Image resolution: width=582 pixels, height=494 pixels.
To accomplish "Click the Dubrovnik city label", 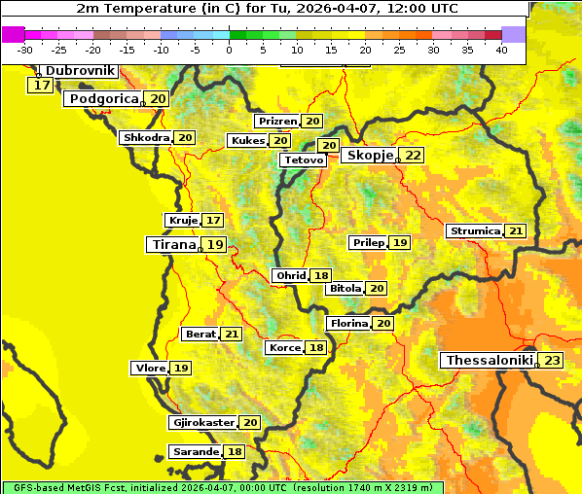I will click(80, 71).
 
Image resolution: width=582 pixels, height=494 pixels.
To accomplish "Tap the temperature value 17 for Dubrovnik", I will click(41, 86).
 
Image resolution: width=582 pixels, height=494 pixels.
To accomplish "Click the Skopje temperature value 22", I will click(414, 156).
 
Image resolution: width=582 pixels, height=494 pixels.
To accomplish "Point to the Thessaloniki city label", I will click(489, 361).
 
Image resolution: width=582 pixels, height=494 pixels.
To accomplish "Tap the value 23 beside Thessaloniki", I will click(552, 361).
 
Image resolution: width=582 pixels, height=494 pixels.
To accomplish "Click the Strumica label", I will click(475, 231).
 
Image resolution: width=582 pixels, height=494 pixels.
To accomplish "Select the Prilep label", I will click(369, 242).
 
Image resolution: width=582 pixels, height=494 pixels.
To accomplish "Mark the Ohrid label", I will click(291, 276).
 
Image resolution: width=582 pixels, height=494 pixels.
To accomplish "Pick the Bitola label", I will click(346, 289).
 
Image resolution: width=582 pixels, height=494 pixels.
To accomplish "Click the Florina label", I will click(349, 323).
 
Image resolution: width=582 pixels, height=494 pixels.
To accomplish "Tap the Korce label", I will click(285, 348).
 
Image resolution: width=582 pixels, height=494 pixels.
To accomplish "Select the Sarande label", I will click(195, 452).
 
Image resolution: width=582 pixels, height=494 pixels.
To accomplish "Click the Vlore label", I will click(150, 369).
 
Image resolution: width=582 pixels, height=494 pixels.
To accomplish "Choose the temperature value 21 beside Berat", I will click(232, 335).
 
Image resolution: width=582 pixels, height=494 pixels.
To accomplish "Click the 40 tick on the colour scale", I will click(501, 50).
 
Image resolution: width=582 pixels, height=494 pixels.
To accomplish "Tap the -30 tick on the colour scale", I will click(25, 50).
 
